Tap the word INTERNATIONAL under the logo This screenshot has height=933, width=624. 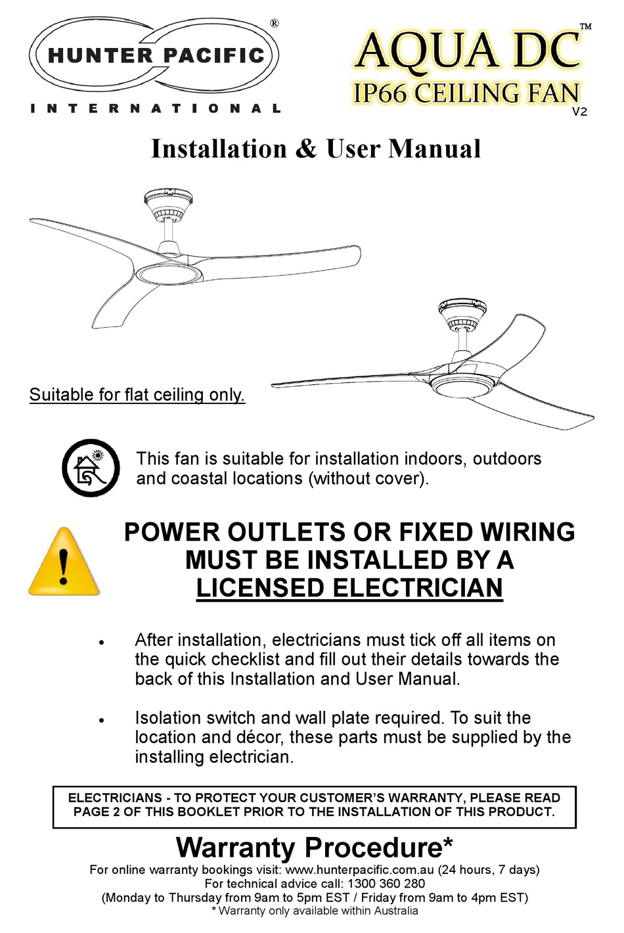point(156,108)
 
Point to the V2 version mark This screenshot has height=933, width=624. point(579,112)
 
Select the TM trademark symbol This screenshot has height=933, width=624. point(585,26)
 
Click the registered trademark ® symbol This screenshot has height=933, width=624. point(274,23)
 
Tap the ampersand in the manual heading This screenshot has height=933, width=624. point(305,149)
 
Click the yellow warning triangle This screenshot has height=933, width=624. point(64,562)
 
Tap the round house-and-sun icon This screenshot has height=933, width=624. point(91,468)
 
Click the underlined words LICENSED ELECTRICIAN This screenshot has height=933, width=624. point(349,588)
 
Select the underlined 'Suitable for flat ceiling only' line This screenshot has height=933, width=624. point(137,395)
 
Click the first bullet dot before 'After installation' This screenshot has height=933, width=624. point(102,642)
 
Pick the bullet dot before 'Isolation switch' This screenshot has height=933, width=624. point(102,720)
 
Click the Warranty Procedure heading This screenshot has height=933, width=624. point(315,848)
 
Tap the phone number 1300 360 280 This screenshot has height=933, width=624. point(387,884)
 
